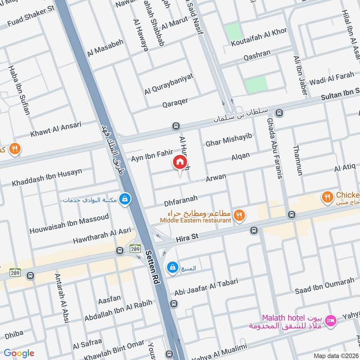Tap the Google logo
(x=19, y=353)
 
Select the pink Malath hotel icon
(x=331, y=320)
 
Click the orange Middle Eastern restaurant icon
(x=240, y=216)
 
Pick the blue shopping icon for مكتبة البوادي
(x=125, y=199)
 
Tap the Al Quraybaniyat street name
(x=169, y=84)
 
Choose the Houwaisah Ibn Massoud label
(x=69, y=224)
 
